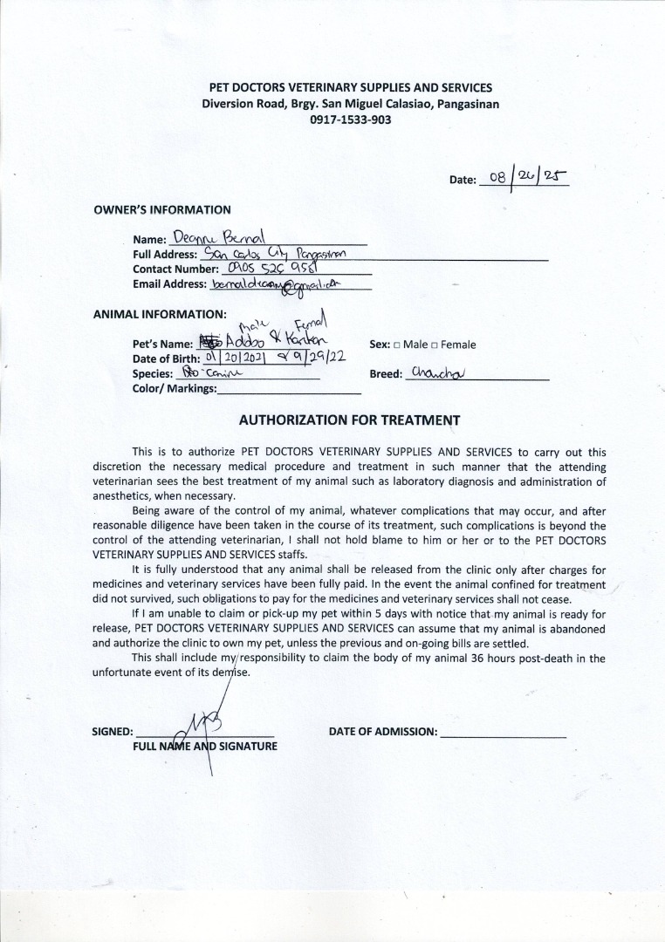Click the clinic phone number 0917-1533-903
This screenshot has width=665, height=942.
[350, 119]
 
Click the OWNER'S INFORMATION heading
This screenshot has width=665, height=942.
[162, 209]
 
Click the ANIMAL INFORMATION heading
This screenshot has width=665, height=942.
[160, 314]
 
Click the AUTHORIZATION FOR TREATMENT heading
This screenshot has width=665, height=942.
[349, 420]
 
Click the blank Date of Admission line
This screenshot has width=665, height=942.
[504, 733]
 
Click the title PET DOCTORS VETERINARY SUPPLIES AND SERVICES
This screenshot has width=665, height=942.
[350, 87]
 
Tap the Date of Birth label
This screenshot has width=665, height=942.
[166, 358]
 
